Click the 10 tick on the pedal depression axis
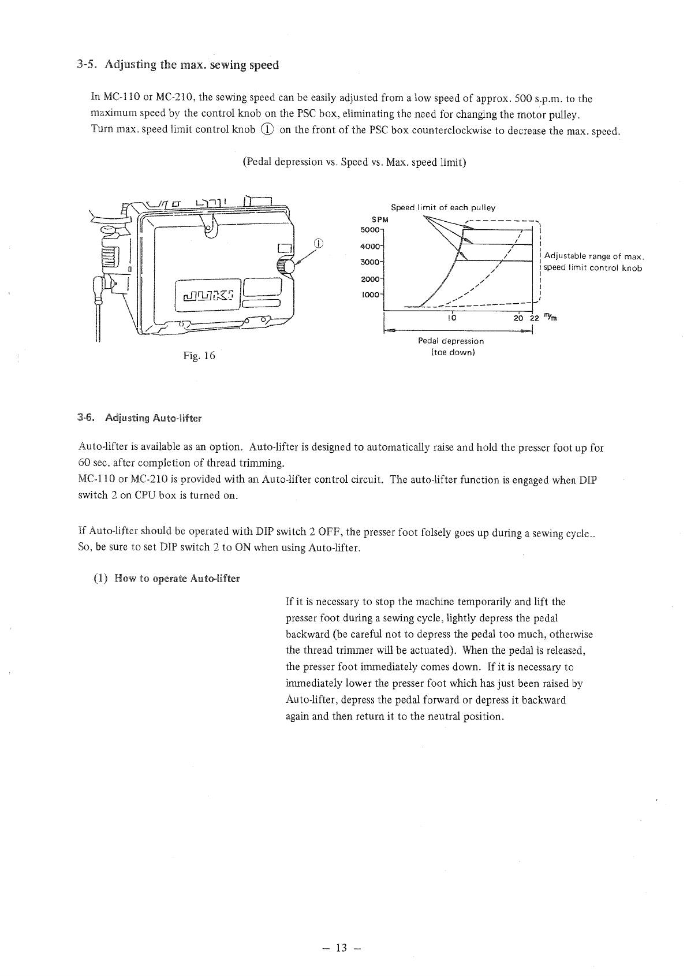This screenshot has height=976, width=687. [x=453, y=318]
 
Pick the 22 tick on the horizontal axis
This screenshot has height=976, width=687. [x=535, y=318]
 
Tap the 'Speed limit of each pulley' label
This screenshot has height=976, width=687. [x=443, y=207]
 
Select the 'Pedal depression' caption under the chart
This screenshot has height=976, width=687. [x=451, y=341]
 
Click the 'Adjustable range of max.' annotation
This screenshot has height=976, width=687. [x=594, y=256]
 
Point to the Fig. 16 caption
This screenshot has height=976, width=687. [x=199, y=356]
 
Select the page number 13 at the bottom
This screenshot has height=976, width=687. [x=343, y=948]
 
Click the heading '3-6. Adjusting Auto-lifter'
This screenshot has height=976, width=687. [x=140, y=418]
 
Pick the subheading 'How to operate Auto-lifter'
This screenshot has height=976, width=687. [x=177, y=578]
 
